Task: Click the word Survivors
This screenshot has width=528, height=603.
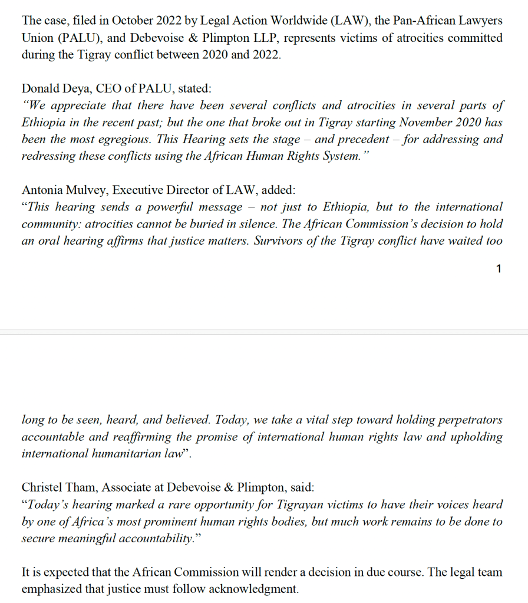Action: click(278, 241)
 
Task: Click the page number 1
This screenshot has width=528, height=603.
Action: click(499, 269)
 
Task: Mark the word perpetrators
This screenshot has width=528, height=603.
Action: click(465, 420)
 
